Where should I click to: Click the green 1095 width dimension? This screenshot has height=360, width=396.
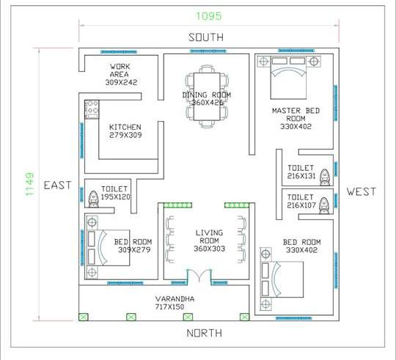[x=209, y=16]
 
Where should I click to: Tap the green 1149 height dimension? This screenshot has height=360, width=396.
[x=30, y=184]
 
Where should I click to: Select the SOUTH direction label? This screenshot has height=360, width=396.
[x=206, y=37]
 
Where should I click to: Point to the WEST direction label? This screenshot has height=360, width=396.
[x=361, y=191]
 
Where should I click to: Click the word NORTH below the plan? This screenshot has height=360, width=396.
[x=205, y=333]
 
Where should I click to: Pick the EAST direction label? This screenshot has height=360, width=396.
[x=58, y=185]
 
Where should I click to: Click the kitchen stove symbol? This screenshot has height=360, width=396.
[x=92, y=109]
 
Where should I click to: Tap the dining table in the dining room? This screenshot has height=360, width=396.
[x=207, y=97]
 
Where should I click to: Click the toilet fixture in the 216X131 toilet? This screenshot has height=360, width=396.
[x=325, y=177]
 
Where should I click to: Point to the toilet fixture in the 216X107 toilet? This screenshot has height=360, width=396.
[x=324, y=206]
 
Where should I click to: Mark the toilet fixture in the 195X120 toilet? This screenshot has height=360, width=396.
[x=93, y=199]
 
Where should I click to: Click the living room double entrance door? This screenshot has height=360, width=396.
[x=199, y=276]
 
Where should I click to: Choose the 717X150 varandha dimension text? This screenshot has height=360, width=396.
[x=169, y=307]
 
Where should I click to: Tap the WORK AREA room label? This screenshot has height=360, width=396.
[x=120, y=70]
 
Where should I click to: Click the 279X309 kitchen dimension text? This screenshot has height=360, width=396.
[x=125, y=135]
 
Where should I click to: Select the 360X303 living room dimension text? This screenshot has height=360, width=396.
[x=209, y=249]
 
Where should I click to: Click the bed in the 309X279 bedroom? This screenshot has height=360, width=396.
[x=109, y=248]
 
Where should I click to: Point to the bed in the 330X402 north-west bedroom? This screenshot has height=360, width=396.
[x=282, y=279]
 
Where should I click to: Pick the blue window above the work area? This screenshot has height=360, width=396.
[x=119, y=52]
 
